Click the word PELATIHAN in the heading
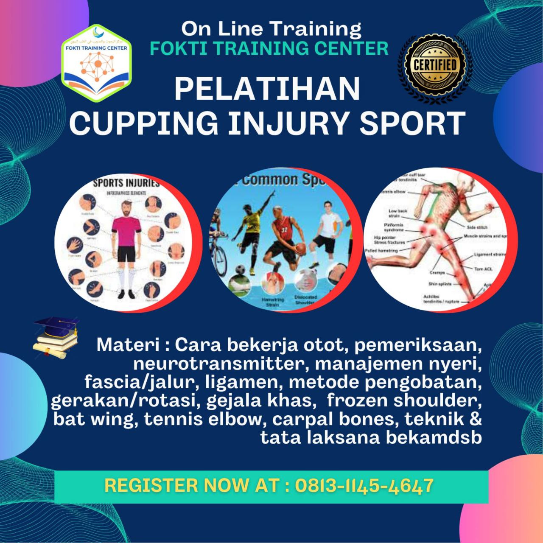(x=267, y=88)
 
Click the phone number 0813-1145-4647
(x=364, y=485)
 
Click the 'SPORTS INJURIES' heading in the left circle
(x=126, y=184)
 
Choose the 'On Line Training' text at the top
(x=271, y=29)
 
